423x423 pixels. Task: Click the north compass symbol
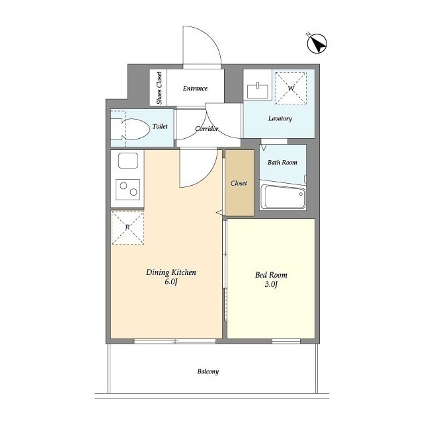[317, 43]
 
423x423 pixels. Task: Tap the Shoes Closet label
[159, 88]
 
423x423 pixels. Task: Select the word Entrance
[195, 88]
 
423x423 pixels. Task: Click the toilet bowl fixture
[130, 129]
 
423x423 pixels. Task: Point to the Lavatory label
[280, 118]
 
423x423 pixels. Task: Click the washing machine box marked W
[291, 88]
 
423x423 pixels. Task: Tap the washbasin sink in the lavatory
[258, 91]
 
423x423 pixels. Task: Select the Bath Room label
[282, 162]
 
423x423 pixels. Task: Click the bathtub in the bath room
[283, 196]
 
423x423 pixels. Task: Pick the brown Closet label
[239, 183]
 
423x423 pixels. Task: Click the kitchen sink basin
[128, 161]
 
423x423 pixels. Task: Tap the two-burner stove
[128, 190]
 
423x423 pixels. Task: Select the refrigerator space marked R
[128, 227]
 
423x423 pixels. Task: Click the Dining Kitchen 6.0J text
[171, 277]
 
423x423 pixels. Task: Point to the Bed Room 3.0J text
[271, 279]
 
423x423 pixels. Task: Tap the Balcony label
[208, 371]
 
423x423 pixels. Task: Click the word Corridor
[207, 129]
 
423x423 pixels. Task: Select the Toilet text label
[160, 126]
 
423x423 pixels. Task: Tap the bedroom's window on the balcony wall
[286, 341]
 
